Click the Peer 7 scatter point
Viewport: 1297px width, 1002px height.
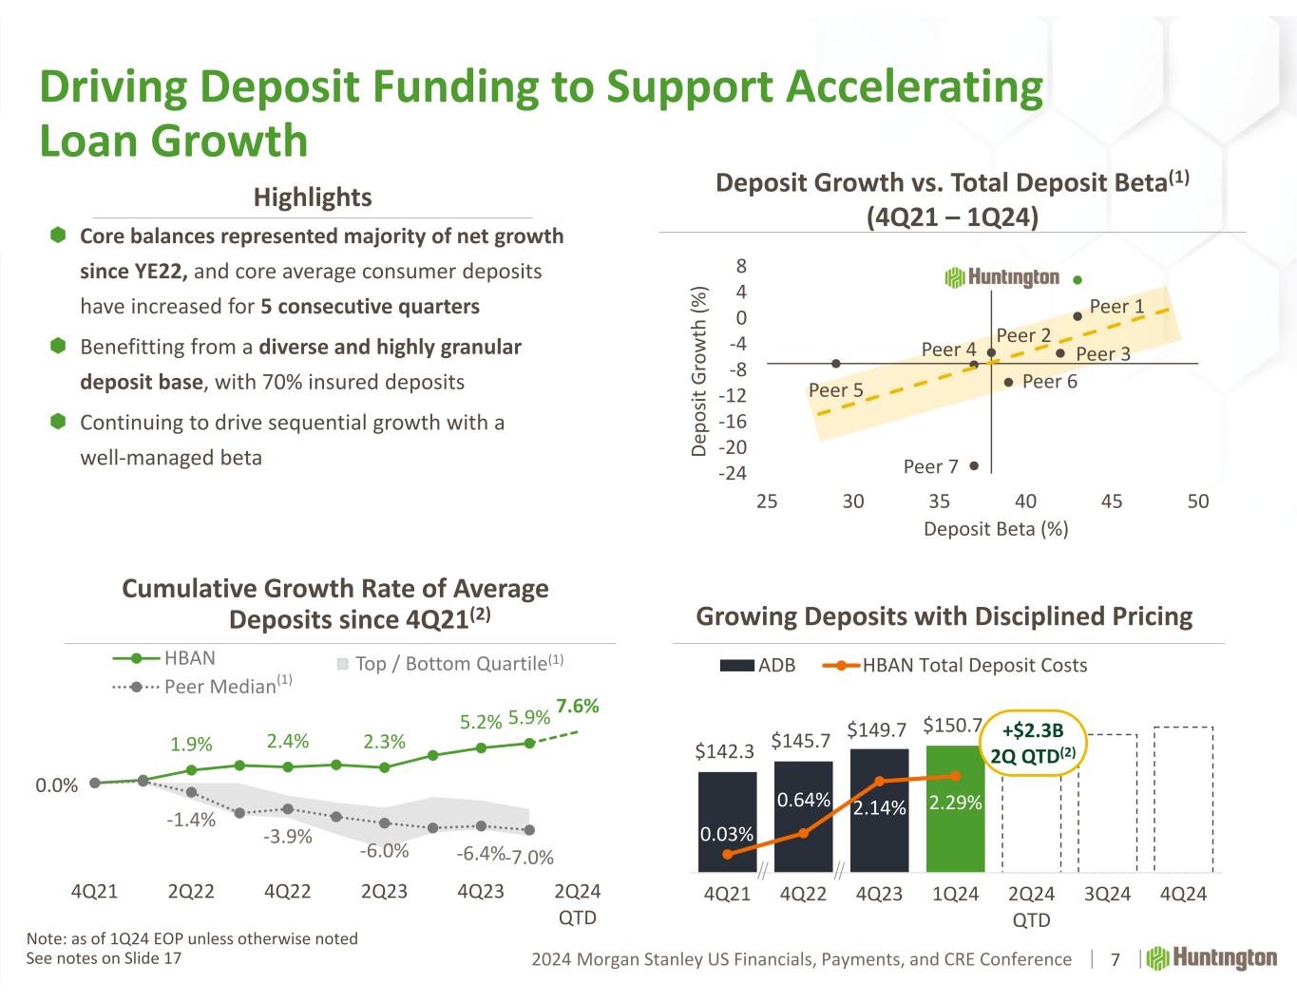(x=974, y=465)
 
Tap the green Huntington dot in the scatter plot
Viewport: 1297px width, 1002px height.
(x=1078, y=280)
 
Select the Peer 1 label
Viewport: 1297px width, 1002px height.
(x=1116, y=306)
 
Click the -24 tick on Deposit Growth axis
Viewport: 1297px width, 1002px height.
(x=731, y=473)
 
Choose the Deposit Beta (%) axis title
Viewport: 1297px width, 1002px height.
(x=996, y=529)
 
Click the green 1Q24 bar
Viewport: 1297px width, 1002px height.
(x=955, y=807)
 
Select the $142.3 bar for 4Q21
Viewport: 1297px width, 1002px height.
(x=727, y=821)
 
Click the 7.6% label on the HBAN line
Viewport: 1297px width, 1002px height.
(x=577, y=706)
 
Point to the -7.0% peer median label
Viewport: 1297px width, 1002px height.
(x=530, y=858)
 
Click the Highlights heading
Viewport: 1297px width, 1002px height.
(x=313, y=197)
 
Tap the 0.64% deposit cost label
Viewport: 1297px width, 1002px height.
(x=803, y=801)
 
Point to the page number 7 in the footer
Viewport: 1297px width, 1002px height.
(x=1116, y=959)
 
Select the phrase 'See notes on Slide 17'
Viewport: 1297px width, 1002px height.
(x=104, y=958)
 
